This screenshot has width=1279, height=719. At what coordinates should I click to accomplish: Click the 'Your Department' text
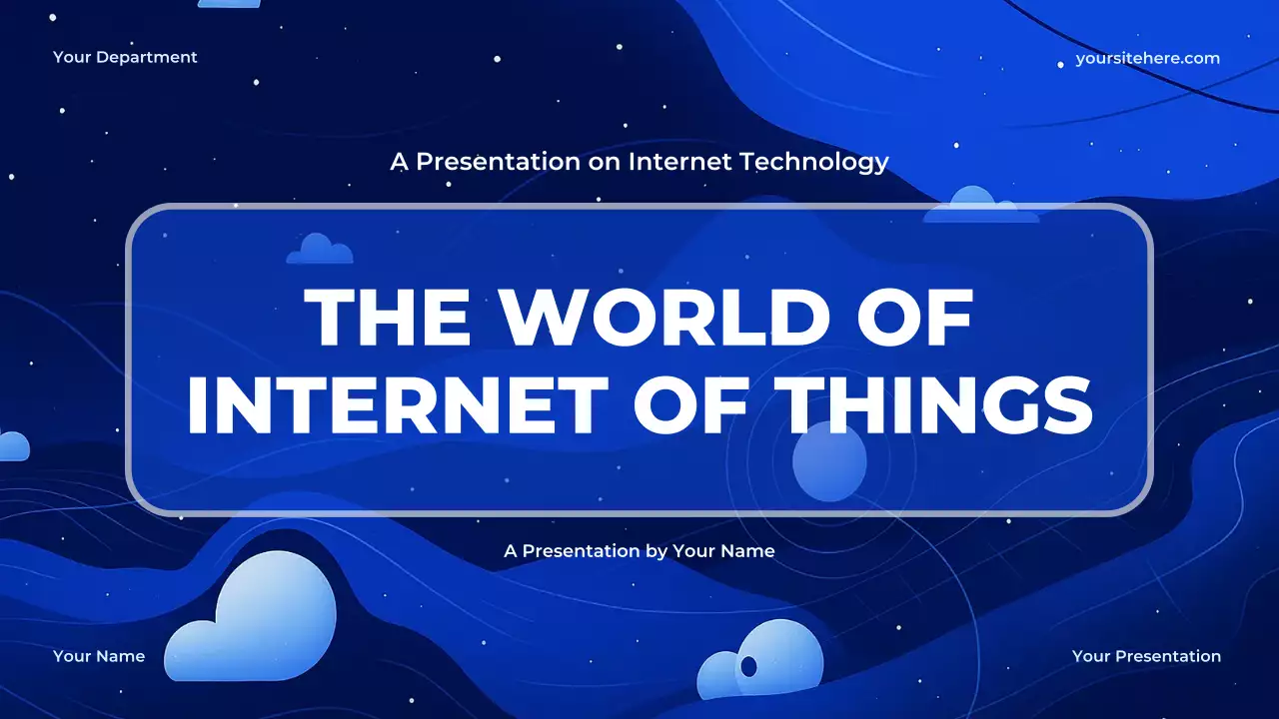coord(125,57)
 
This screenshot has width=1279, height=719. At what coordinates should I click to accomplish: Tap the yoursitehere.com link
coord(1147,58)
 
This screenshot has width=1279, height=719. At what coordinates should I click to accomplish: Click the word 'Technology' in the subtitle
coord(813,161)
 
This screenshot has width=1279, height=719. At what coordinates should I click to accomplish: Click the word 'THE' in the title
coord(387,318)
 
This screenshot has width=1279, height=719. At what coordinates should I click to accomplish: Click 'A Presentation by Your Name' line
coord(639,550)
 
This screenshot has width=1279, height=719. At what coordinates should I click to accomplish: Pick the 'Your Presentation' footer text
coord(1146,656)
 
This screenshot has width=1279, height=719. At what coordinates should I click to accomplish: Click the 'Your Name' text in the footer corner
coord(99,656)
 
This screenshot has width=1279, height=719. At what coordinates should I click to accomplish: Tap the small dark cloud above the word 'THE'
coord(320,250)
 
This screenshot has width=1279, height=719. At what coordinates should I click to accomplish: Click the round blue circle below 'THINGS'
coord(829,460)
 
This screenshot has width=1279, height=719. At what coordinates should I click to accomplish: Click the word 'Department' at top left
coord(147,57)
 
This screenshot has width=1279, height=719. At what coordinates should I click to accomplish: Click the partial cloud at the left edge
coord(12,445)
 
